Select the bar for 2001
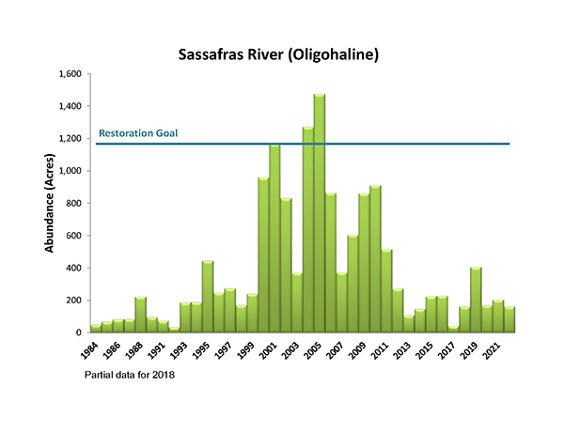274,239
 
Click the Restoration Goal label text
138,133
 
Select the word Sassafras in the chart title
212,54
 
